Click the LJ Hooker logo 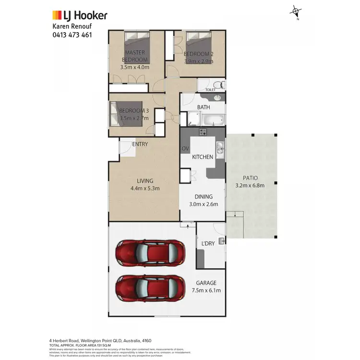80,15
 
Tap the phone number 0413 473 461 72,35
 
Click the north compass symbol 296,12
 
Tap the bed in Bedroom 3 130,114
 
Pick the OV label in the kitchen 185,149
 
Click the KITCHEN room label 203,157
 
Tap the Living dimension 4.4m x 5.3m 144,188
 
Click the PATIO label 250,178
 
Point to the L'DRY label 208,244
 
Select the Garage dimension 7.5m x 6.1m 205,291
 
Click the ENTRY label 140,144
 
